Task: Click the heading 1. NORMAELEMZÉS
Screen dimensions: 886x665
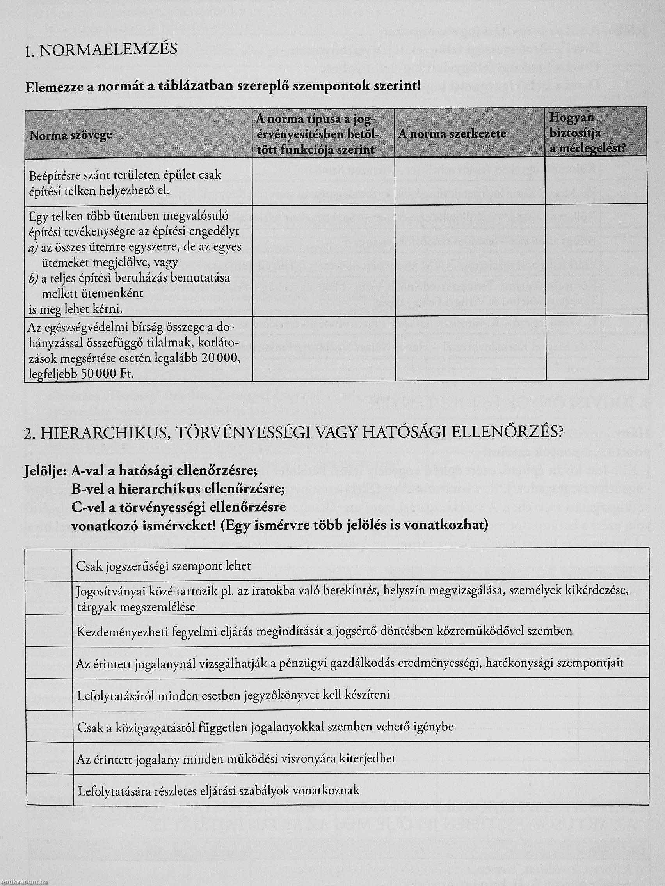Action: click(x=101, y=50)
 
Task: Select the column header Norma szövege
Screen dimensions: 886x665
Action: click(x=71, y=135)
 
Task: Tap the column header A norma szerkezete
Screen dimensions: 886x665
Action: click(x=452, y=134)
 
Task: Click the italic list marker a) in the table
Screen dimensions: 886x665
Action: click(x=33, y=248)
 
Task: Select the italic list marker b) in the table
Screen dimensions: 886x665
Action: click(x=33, y=278)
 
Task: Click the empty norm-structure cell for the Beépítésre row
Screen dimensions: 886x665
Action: click(x=470, y=182)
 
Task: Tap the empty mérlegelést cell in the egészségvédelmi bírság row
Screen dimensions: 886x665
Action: click(x=596, y=347)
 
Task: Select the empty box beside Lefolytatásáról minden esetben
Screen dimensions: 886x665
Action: click(x=49, y=695)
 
